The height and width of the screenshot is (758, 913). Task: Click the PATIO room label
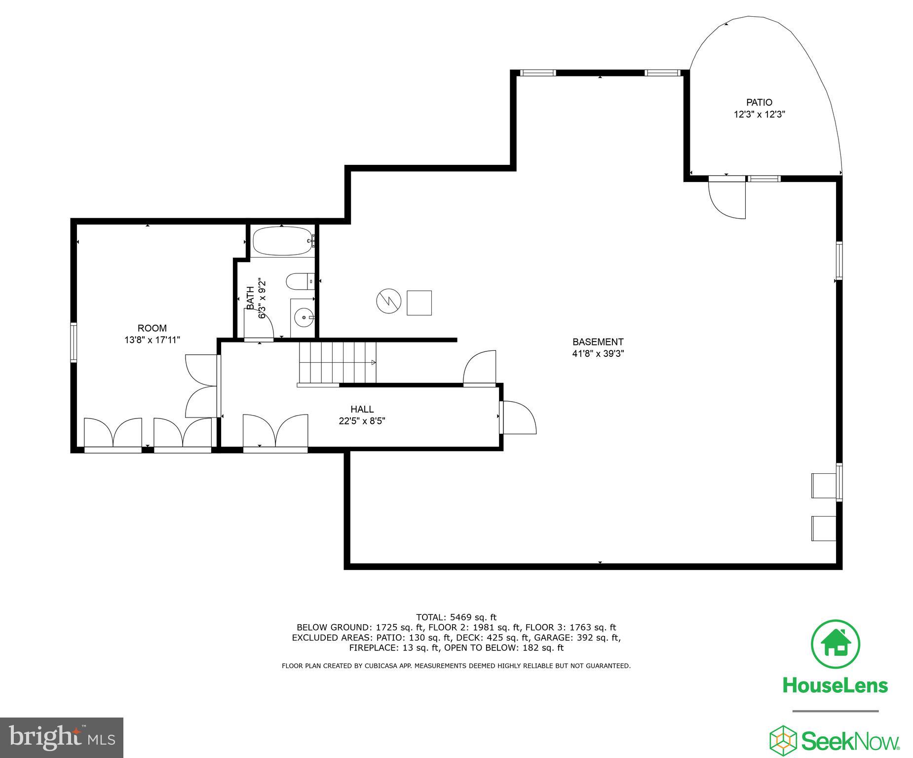pyautogui.click(x=759, y=103)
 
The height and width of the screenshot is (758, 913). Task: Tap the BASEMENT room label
pyautogui.click(x=598, y=342)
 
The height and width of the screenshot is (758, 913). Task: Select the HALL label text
pyautogui.click(x=362, y=409)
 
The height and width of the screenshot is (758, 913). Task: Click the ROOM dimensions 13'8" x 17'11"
pyautogui.click(x=152, y=340)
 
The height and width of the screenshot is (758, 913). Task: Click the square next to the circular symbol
pyautogui.click(x=419, y=303)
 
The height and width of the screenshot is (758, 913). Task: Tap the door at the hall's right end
pyautogui.click(x=518, y=417)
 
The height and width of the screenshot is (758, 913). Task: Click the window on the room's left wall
pyautogui.click(x=74, y=342)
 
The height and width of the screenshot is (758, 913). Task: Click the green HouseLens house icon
pyautogui.click(x=836, y=644)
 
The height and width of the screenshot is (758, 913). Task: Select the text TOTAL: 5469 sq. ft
pyautogui.click(x=456, y=617)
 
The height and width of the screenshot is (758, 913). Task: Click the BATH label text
pyautogui.click(x=250, y=298)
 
